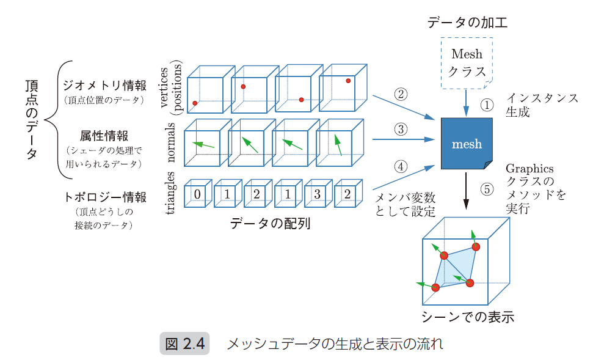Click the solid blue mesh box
click(466, 144)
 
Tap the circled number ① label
click(486, 105)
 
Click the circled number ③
click(401, 129)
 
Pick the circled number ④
click(401, 166)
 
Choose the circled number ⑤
click(486, 189)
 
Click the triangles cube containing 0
click(197, 194)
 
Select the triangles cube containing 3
click(318, 194)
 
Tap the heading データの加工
click(467, 23)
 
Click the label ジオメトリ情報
click(104, 86)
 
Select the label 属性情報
click(103, 134)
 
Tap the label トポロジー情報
click(104, 197)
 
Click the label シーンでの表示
click(467, 317)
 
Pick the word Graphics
click(529, 169)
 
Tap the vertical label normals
click(172, 142)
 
